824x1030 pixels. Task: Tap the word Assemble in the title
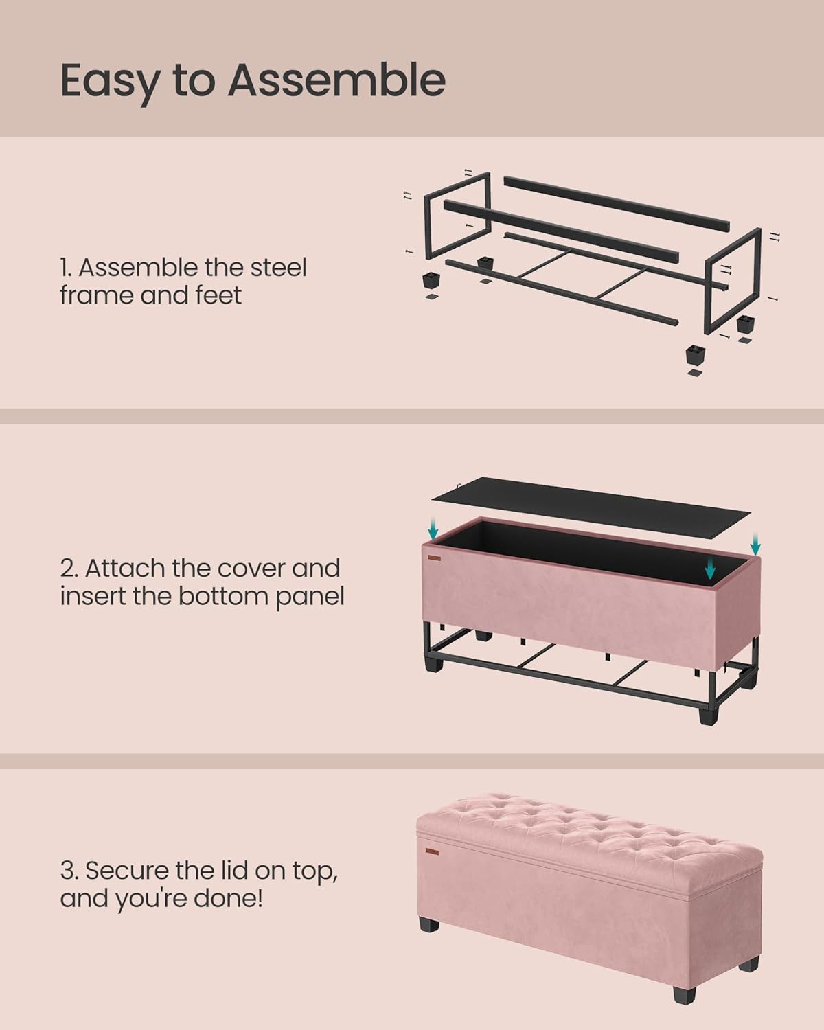click(336, 80)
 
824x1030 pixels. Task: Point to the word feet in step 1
click(218, 295)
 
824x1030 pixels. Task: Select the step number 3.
click(67, 871)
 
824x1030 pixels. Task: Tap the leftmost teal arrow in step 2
click(433, 529)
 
